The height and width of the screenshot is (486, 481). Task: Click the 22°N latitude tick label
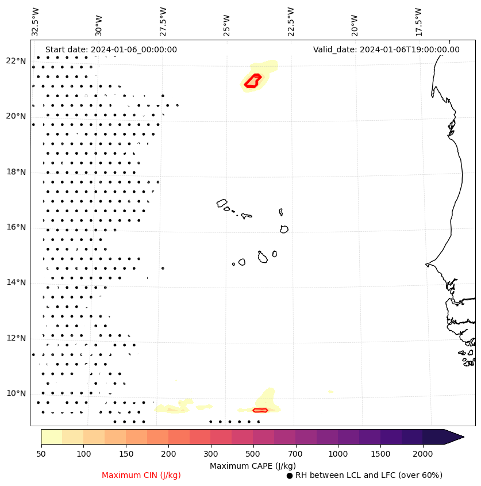tap(16, 61)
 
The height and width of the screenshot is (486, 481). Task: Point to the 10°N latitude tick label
tap(16, 393)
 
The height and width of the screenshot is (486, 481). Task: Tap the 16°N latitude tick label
tap(16, 227)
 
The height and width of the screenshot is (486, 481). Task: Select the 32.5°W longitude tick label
tap(36, 22)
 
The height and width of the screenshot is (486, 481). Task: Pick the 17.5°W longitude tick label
tap(419, 22)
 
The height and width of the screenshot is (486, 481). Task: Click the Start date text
tap(111, 49)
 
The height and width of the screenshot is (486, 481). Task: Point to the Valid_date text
tap(386, 49)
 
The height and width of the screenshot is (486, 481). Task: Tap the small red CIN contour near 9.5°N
tap(260, 410)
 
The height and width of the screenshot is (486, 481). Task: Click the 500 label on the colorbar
tap(253, 454)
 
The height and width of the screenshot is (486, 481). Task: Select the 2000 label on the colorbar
tap(422, 454)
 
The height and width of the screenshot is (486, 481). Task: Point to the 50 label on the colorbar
tap(41, 454)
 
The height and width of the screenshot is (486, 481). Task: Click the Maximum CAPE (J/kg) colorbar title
tap(252, 465)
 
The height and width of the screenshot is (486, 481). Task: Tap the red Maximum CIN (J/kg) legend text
tap(141, 475)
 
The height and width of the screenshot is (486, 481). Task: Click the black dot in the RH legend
tap(290, 476)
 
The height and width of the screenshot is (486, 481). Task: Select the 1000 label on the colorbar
tap(338, 454)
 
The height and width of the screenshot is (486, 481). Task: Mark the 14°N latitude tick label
tap(16, 282)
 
